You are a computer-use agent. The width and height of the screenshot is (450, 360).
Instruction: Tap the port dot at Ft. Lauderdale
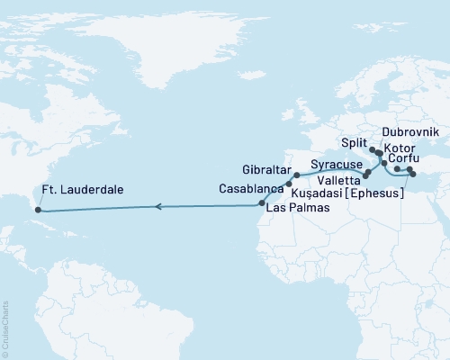pos(38,211)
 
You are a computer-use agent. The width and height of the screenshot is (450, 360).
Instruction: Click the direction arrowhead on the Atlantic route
pos(158,207)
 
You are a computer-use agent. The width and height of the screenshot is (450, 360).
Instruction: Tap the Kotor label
pos(399,146)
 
